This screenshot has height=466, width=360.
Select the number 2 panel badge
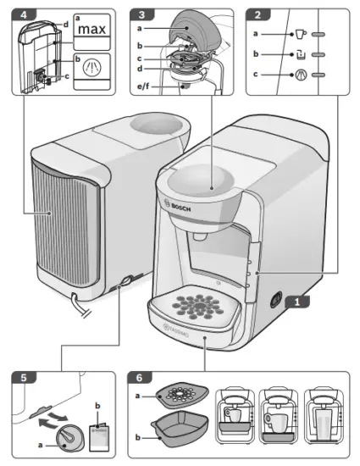(x=253, y=15)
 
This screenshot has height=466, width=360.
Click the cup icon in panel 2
(x=277, y=35)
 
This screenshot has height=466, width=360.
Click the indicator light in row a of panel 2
(x=318, y=35)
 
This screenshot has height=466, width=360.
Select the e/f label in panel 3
(x=145, y=86)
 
